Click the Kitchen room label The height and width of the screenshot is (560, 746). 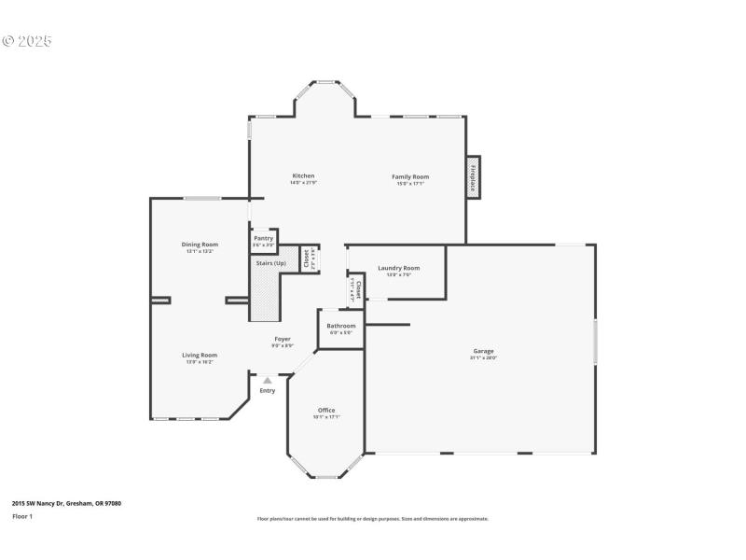303,176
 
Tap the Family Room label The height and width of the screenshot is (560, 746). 410,176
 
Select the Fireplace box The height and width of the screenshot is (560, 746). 473,177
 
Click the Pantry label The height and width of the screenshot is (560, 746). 264,239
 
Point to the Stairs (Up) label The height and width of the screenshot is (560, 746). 271,263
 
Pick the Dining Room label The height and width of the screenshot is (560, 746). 200,245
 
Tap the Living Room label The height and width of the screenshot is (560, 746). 200,355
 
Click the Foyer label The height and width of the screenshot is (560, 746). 282,339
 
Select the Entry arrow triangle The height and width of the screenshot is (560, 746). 268,381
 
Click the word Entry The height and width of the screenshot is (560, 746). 268,391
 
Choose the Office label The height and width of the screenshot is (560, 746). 325,411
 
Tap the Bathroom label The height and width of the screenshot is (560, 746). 340,326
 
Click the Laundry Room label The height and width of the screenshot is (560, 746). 398,269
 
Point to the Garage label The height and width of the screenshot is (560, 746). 483,352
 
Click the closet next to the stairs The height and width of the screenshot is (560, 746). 305,259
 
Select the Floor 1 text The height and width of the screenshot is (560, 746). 22,515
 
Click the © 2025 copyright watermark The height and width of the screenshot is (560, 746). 27,41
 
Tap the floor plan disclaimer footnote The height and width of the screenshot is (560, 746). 372,519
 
